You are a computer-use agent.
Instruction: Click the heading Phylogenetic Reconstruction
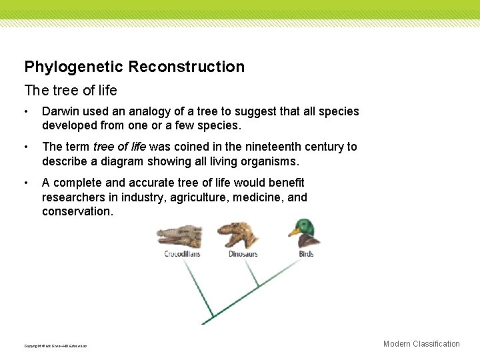[x=134, y=67]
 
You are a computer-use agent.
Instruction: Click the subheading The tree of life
[x=70, y=90]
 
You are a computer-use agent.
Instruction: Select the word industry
[x=141, y=197]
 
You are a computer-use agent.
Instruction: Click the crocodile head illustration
[x=179, y=237]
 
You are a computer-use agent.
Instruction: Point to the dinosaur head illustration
[x=238, y=235]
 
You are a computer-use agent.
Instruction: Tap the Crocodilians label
[x=182, y=254]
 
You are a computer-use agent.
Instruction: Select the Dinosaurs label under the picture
[x=243, y=254]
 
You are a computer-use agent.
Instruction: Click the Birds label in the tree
[x=306, y=254]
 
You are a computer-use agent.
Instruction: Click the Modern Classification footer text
[x=421, y=344]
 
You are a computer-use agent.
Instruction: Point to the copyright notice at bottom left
[x=55, y=346]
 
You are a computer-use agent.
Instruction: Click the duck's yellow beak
[x=293, y=233]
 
